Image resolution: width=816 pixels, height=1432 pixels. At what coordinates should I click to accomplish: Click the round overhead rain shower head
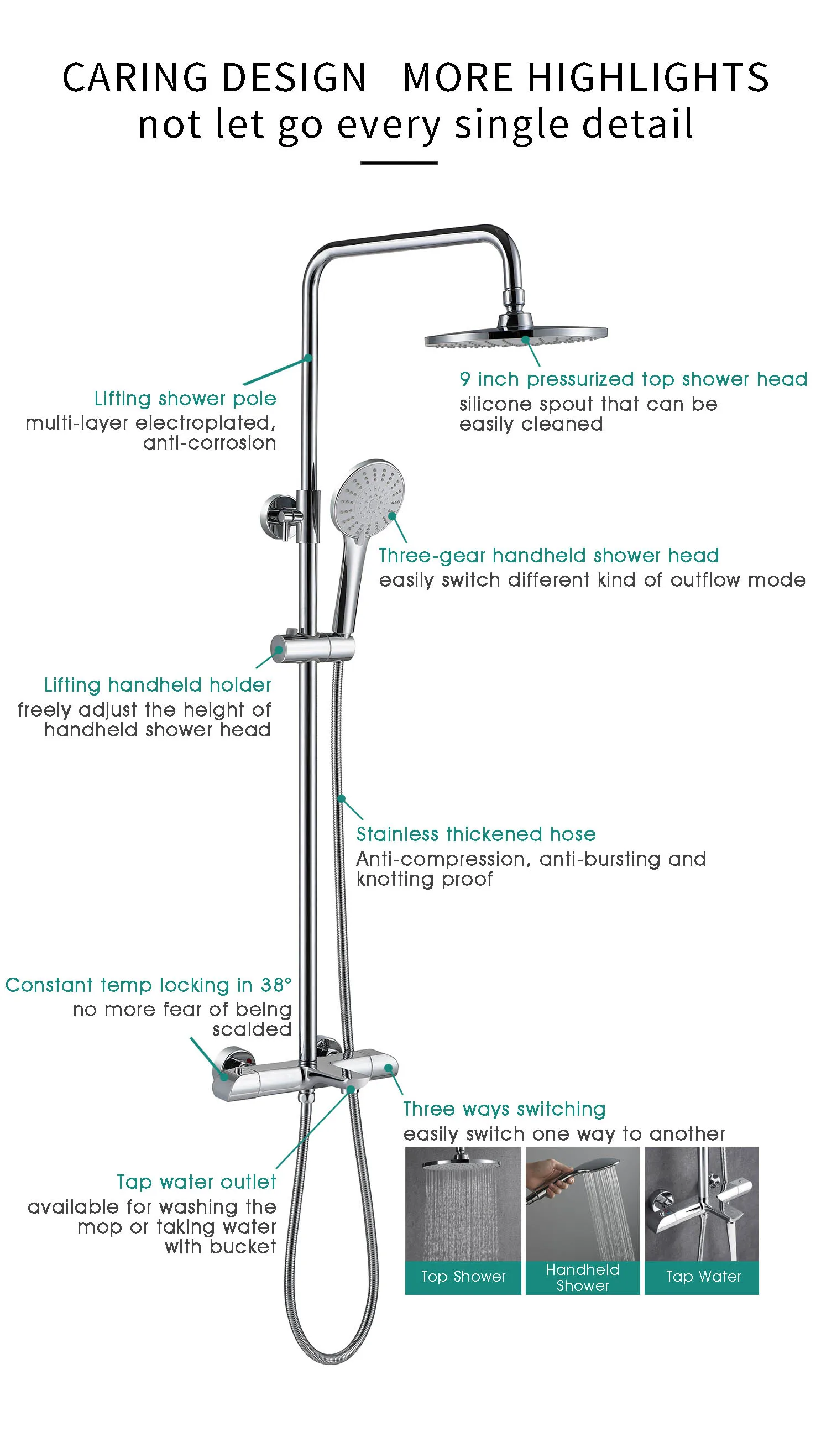[x=516, y=336]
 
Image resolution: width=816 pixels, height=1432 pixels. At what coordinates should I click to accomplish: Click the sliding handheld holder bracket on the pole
[x=312, y=648]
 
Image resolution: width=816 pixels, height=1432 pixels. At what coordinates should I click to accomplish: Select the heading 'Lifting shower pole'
[x=185, y=399]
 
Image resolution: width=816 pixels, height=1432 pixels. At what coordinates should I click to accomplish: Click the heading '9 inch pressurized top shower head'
[x=633, y=379]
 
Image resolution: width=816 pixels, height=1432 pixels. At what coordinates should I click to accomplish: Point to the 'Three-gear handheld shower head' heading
[x=548, y=556]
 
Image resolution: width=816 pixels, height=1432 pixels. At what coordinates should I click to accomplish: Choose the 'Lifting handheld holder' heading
[x=158, y=685]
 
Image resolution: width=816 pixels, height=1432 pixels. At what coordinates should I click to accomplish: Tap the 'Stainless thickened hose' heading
[x=476, y=834]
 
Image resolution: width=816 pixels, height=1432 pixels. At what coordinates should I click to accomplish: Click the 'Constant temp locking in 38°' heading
[x=149, y=985]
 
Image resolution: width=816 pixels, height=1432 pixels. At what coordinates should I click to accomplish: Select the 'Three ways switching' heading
[x=504, y=1109]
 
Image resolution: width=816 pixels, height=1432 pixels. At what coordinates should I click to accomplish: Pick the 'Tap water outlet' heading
[x=196, y=1182]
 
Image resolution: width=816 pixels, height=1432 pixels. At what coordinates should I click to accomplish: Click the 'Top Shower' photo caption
[x=463, y=1276]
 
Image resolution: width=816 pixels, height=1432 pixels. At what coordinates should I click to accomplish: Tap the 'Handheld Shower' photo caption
[x=582, y=1277]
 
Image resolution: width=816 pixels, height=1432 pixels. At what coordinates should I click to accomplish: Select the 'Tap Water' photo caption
[x=703, y=1276]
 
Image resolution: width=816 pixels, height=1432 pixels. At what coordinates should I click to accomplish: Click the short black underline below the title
[x=399, y=163]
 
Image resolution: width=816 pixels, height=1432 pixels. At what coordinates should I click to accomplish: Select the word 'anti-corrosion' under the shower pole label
[x=210, y=443]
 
